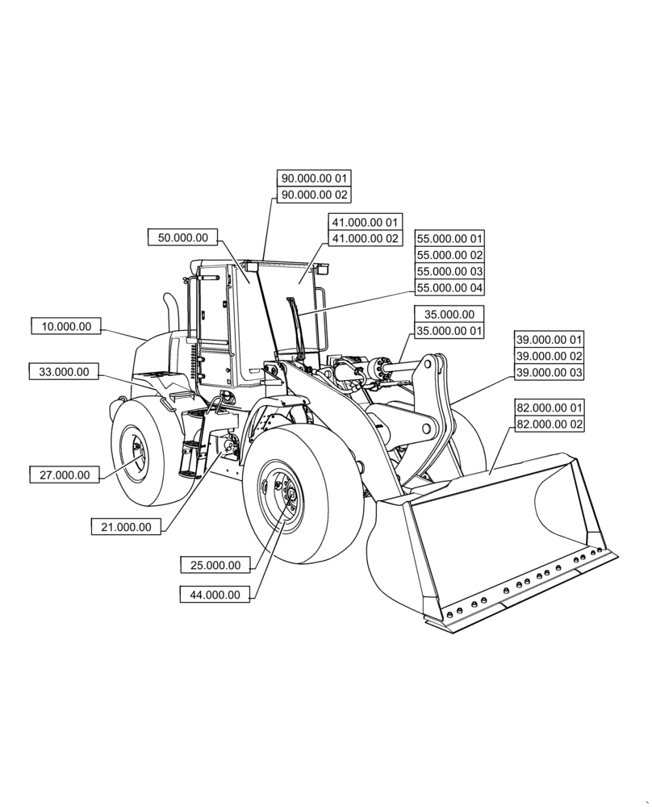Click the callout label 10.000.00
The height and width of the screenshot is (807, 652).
point(66,327)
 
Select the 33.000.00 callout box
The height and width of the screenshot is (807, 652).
point(65,372)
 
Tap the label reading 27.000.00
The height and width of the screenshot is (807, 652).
point(65,475)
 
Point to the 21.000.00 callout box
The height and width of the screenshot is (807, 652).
point(126,527)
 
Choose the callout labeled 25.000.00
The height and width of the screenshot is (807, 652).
point(215,565)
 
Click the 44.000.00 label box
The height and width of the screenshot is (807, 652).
point(215,595)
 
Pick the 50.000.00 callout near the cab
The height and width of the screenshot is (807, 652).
point(183,237)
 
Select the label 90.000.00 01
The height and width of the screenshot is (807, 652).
point(314,178)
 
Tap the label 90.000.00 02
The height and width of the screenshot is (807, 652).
point(314,194)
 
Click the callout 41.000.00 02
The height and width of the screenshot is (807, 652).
point(364,238)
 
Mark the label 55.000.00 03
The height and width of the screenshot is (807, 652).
point(449,271)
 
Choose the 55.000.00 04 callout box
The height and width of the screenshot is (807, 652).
point(449,288)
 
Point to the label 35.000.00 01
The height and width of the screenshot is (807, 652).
point(449,331)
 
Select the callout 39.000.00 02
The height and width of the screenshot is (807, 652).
point(549,356)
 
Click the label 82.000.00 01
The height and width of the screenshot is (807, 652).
point(549,408)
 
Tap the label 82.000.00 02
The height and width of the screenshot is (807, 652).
point(549,424)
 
